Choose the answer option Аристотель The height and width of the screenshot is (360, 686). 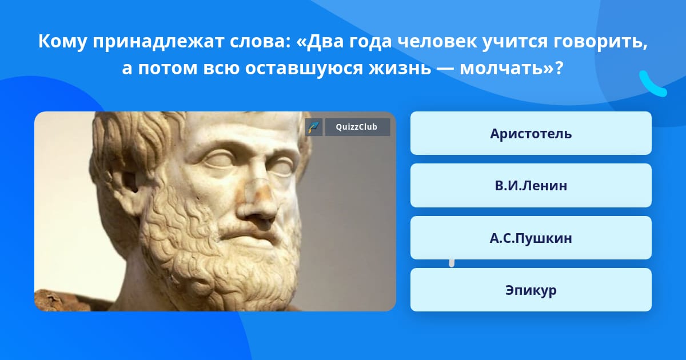tap(531, 133)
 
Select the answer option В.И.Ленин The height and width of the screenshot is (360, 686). tap(531, 186)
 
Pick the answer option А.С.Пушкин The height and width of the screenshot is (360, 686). tap(531, 238)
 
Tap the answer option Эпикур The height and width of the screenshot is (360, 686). tap(531, 290)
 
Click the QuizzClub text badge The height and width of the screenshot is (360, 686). tap(357, 127)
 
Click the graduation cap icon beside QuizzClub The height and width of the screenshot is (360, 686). tap(314, 127)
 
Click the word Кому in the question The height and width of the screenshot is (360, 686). tap(62, 42)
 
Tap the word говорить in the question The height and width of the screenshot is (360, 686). tap(601, 42)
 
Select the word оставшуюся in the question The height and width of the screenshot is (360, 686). tap(304, 68)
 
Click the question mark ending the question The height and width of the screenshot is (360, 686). tap(560, 68)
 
